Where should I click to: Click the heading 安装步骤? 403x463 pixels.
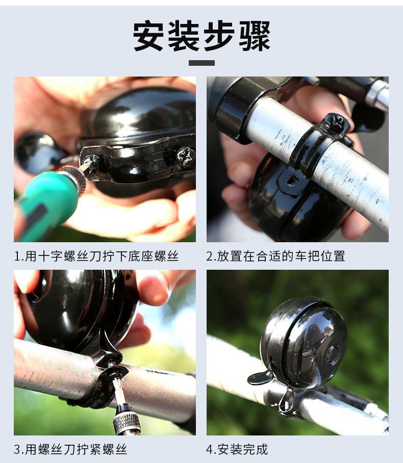coord(202,36)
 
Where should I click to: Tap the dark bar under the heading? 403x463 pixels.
coord(202,63)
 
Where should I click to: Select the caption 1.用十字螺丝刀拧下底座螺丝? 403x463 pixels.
coord(96,256)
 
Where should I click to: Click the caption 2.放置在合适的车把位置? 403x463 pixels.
coord(275,256)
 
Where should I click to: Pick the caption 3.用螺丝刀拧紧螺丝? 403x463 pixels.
coord(70,449)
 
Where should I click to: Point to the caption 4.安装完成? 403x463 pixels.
coord(237,449)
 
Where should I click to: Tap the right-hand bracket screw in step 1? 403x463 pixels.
coord(186,156)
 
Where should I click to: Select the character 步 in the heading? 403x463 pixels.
coord(219,36)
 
